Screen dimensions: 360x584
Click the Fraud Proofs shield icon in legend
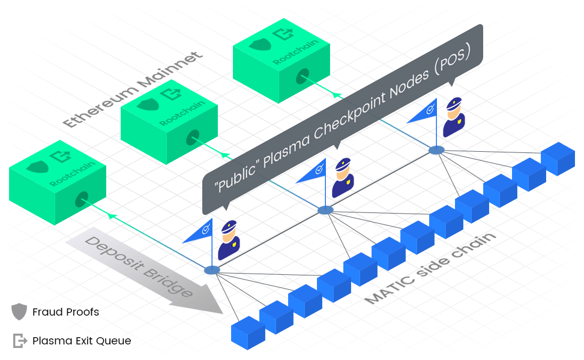(x=19, y=312)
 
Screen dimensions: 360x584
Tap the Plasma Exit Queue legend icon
(x=20, y=341)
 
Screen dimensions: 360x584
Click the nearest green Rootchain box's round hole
(x=80, y=199)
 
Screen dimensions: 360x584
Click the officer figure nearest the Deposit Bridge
(x=229, y=240)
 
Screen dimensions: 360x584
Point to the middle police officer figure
(x=342, y=178)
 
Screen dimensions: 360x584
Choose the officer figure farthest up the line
(x=453, y=118)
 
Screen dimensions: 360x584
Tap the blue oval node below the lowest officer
(x=212, y=271)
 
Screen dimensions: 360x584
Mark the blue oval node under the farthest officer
(x=436, y=149)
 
